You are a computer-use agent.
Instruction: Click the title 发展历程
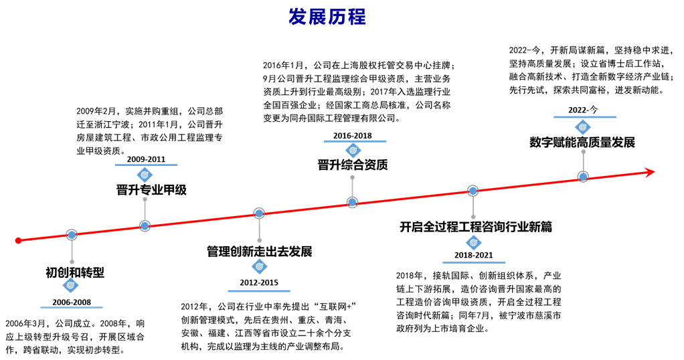327,17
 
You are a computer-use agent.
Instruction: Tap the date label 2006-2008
72,302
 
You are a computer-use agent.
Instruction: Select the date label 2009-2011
146,159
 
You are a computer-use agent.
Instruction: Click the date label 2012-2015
259,283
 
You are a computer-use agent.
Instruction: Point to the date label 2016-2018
353,136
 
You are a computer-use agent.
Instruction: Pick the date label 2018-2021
473,255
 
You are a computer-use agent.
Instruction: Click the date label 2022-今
583,110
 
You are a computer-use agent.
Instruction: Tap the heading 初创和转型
75,273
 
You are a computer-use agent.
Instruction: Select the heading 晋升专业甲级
151,190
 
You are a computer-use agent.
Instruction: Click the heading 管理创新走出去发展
260,252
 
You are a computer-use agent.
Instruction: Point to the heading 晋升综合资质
353,165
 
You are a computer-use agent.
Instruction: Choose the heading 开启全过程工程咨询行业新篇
476,226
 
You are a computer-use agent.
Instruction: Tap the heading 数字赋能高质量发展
582,143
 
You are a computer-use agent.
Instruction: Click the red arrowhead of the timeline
651,172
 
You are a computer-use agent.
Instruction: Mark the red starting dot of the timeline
18,240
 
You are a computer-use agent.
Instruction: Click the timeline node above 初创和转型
72,235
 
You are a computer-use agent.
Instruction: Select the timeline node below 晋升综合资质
353,202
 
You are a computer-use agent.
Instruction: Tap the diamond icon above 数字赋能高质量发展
583,127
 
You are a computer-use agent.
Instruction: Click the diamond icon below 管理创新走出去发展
259,266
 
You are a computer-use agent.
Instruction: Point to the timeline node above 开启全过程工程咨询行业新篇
473,190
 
